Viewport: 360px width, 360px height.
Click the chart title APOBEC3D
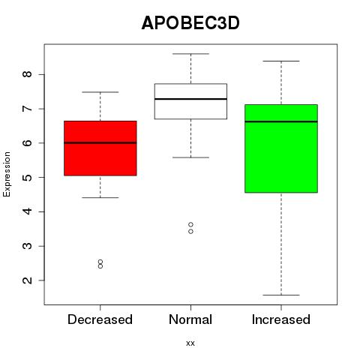(190, 23)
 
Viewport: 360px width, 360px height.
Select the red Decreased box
(100, 148)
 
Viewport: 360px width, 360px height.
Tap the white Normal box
(190, 101)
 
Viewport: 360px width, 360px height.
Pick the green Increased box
(281, 148)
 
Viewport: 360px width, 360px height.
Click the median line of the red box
(100, 142)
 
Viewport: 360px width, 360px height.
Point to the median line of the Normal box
(190, 99)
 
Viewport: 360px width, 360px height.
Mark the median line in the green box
(281, 121)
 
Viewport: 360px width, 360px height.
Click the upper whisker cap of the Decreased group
(100, 92)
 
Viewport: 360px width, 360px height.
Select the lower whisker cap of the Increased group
(281, 295)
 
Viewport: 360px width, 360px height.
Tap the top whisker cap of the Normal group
(190, 54)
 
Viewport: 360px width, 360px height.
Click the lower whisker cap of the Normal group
(190, 157)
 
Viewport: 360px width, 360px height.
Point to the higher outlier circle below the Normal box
(190, 224)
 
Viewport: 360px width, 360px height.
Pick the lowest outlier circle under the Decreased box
(100, 266)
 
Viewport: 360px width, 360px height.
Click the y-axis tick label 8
(28, 74)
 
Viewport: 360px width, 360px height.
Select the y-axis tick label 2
(28, 280)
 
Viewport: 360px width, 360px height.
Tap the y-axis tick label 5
(28, 177)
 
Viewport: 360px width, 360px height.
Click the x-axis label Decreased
(100, 319)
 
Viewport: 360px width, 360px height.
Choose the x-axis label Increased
(281, 319)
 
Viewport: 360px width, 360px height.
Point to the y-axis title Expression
(7, 174)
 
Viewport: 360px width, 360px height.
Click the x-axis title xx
(190, 343)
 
